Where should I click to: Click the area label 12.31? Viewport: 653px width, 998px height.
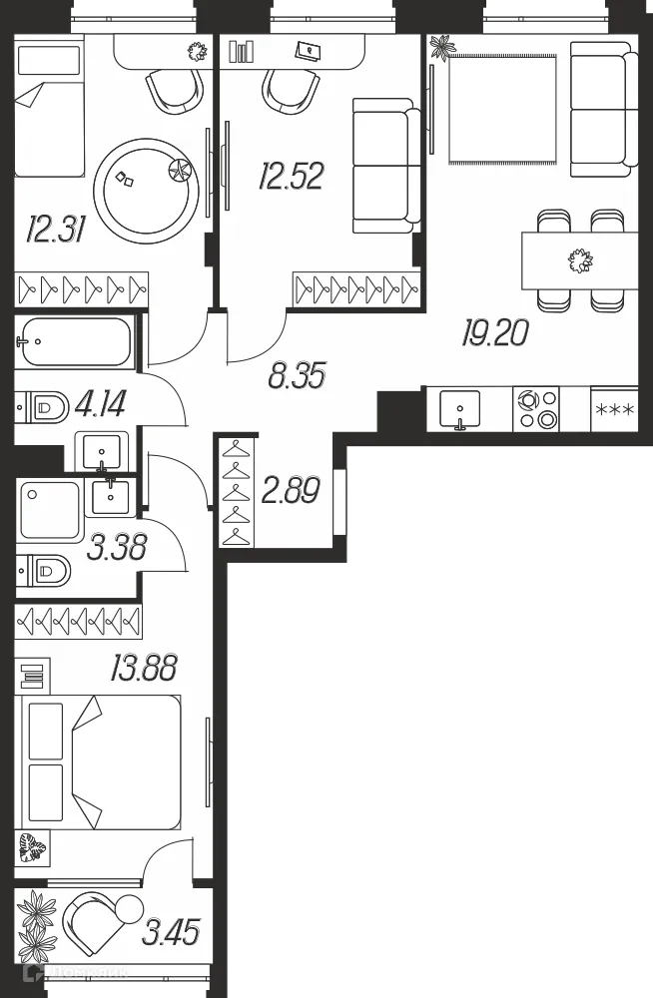point(51,232)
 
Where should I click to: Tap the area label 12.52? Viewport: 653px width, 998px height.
point(291,178)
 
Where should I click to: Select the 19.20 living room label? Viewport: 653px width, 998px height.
point(494,332)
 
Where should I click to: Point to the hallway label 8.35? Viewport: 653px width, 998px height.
point(297,377)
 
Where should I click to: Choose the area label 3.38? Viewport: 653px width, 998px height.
point(116,547)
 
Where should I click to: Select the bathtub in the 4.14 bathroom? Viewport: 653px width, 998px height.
point(74,341)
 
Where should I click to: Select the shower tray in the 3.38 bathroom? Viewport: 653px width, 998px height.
point(50,510)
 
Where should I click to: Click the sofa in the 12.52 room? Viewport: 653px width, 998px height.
point(385,166)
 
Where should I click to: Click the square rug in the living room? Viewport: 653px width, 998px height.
point(502,110)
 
